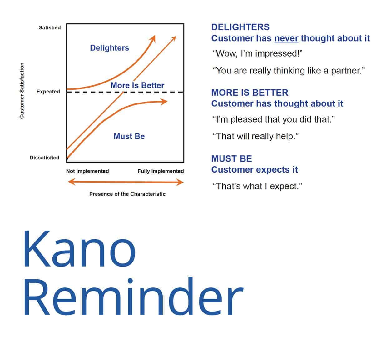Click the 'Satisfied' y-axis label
[50, 27]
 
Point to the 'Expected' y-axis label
[48, 92]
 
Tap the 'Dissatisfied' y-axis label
[45, 157]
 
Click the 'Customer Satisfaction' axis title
[22, 91]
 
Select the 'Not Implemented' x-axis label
[87, 171]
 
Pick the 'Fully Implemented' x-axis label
[161, 171]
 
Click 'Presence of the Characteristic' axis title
[127, 194]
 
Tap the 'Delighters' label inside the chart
[109, 48]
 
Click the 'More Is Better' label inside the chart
[137, 85]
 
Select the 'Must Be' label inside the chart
[129, 136]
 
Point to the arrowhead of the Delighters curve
[153, 39]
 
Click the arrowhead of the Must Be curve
[164, 102]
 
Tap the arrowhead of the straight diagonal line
[174, 38]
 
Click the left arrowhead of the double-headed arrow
[72, 182]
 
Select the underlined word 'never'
[286, 38]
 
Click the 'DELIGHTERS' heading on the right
[240, 27]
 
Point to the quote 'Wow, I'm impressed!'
[258, 53]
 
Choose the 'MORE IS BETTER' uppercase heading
[250, 92]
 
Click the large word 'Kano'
[79, 249]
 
